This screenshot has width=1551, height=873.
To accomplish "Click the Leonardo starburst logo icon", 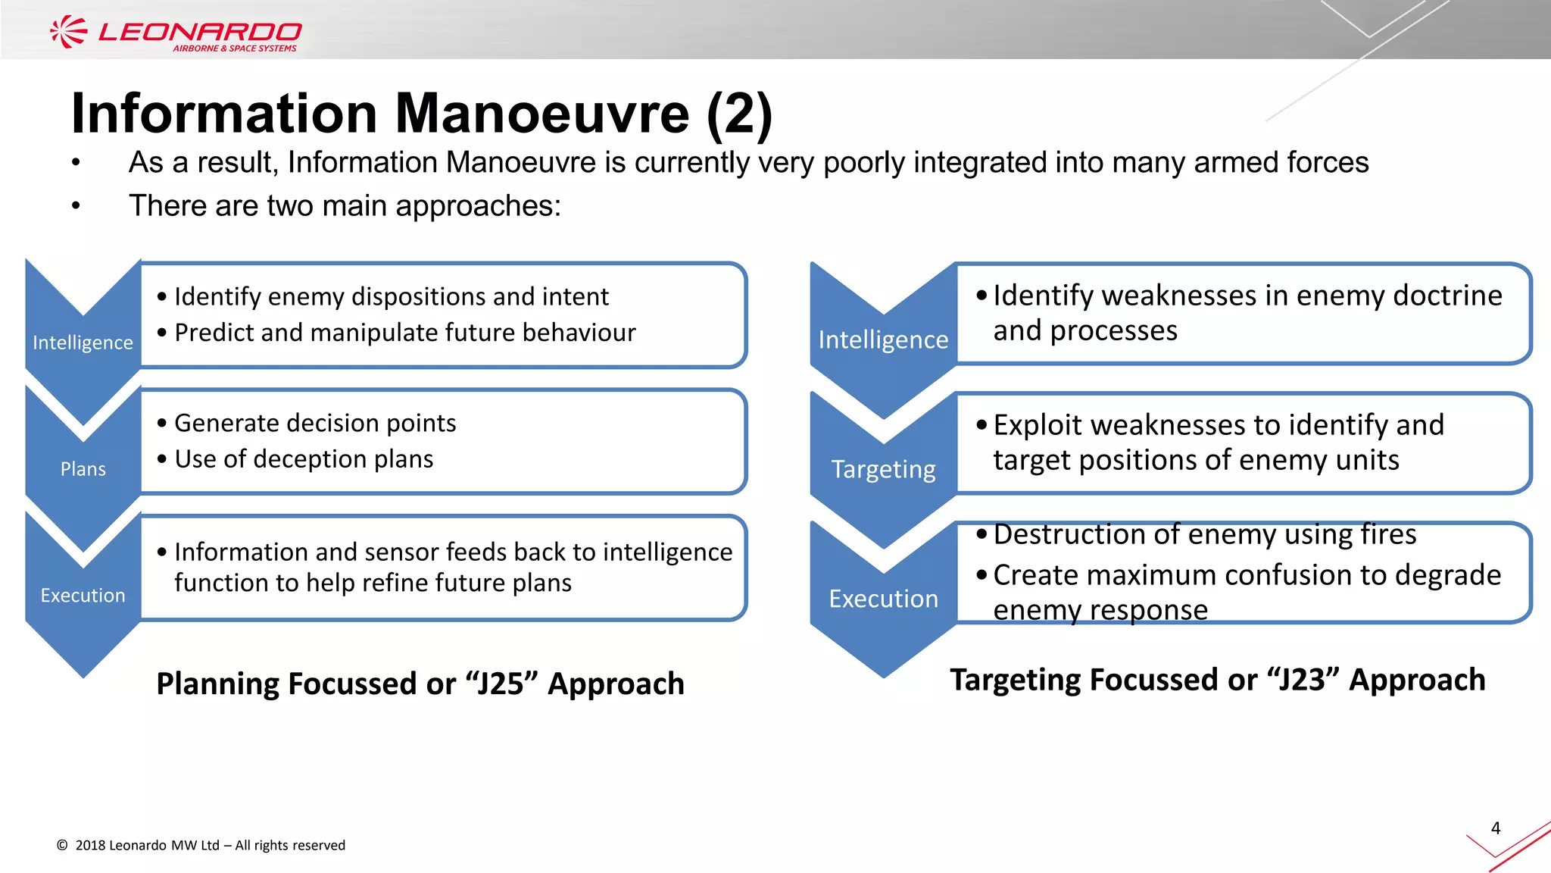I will coord(68,32).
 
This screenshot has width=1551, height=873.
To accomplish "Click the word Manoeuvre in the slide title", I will coord(541,114).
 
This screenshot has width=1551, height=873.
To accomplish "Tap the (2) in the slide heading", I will coord(738,115).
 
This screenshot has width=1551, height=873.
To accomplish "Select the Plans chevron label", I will coord(83,469).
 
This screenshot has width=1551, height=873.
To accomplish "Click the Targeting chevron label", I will coord(883,470).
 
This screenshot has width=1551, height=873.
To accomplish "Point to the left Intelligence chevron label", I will coord(83,343).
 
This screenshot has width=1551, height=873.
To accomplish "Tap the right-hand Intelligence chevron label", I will coord(883,340).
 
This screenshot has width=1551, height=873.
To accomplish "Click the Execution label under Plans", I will coord(83,596).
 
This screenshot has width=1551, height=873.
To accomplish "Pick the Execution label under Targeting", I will coord(883,599).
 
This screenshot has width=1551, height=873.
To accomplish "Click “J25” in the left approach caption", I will coord(501,684).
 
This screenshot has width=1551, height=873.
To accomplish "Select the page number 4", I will coord(1495,828).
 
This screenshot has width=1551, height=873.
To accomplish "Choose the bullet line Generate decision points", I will coord(315,423).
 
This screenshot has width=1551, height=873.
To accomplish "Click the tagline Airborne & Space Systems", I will coord(235,48).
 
